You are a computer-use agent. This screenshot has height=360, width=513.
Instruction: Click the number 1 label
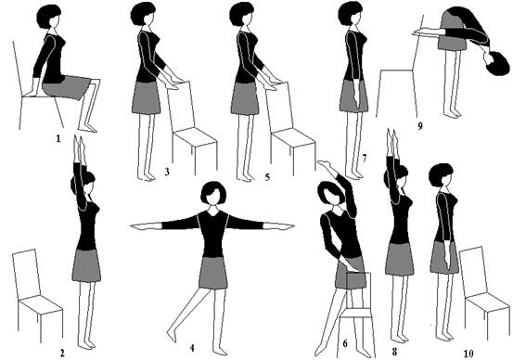click(x=58, y=139)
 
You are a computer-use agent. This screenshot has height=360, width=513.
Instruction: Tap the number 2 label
click(x=62, y=354)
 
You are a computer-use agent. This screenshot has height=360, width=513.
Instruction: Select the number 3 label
click(x=167, y=172)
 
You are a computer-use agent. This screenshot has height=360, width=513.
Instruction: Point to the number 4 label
click(x=192, y=348)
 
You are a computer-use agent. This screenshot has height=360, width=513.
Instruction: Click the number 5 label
click(x=267, y=177)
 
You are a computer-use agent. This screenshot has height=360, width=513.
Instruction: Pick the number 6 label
click(x=345, y=343)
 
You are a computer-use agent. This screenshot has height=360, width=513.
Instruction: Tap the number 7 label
click(x=365, y=159)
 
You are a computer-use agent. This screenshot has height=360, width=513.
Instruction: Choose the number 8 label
click(x=394, y=353)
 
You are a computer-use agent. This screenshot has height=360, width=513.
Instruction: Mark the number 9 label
click(x=420, y=125)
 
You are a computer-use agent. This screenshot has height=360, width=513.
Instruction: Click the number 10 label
click(x=468, y=354)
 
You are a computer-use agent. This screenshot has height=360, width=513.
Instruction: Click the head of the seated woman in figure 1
click(x=49, y=17)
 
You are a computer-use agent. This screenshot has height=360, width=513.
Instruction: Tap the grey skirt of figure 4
click(x=213, y=274)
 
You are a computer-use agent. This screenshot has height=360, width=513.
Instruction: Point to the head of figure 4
click(x=213, y=193)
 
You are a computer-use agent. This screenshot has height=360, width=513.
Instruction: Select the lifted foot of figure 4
click(x=173, y=336)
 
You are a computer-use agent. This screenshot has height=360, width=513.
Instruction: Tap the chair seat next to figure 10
click(x=487, y=302)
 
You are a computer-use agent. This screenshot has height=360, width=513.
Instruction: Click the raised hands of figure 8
click(x=392, y=142)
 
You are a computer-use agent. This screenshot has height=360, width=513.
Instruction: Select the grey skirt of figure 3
click(x=146, y=98)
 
